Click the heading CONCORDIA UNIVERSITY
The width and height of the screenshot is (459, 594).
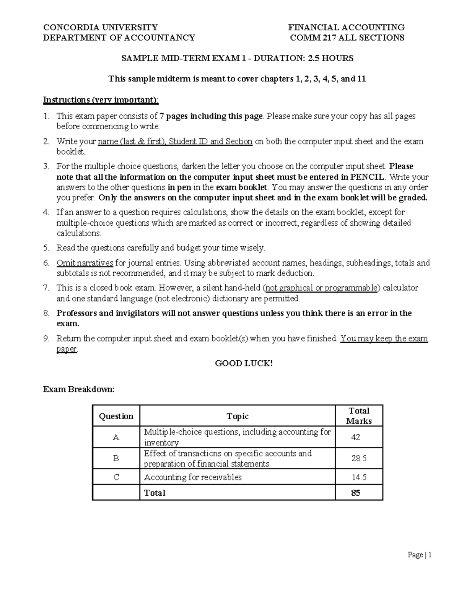pos(100,27)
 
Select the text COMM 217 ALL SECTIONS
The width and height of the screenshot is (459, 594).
pos(347,37)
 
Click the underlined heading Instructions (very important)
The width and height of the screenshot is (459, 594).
pos(100,100)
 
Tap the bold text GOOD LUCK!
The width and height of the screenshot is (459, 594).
pos(244,363)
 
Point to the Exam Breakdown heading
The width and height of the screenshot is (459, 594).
pos(78,389)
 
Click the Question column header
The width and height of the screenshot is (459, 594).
pos(116,416)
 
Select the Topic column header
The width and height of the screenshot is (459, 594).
pos(238,416)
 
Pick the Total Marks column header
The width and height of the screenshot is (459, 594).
pos(359,416)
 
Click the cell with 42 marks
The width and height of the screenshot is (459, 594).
pos(356,437)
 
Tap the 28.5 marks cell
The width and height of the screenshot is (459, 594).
pos(359,458)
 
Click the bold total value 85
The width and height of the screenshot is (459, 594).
pos(356,493)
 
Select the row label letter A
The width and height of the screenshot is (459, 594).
pos(116,437)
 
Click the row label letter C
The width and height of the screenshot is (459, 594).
pos(116,477)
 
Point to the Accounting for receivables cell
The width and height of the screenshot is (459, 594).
pos(193,477)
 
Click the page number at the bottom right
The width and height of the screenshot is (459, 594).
pos(419,555)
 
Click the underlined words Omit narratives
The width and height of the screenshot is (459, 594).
pos(85,263)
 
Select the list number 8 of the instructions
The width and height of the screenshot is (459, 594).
pos(46,313)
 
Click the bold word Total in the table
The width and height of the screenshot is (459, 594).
pos(155,493)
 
